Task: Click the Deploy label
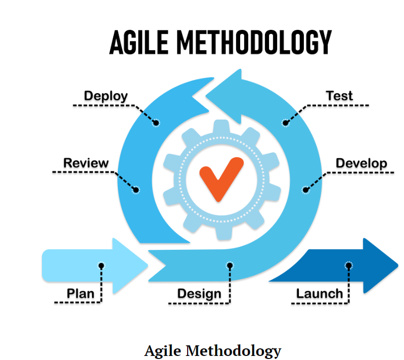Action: point(106,96)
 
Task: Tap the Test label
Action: point(339,96)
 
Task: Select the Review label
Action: point(85,163)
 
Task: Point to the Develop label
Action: point(361,163)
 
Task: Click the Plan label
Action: point(80,293)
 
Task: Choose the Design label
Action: point(199,294)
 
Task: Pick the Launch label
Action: point(320,293)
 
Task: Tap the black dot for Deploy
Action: point(156,123)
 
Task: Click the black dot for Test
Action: point(285,123)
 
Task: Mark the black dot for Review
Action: point(136,190)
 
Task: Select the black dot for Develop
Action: point(305,190)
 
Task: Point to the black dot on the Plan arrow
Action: point(101,265)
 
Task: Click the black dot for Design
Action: point(230,265)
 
